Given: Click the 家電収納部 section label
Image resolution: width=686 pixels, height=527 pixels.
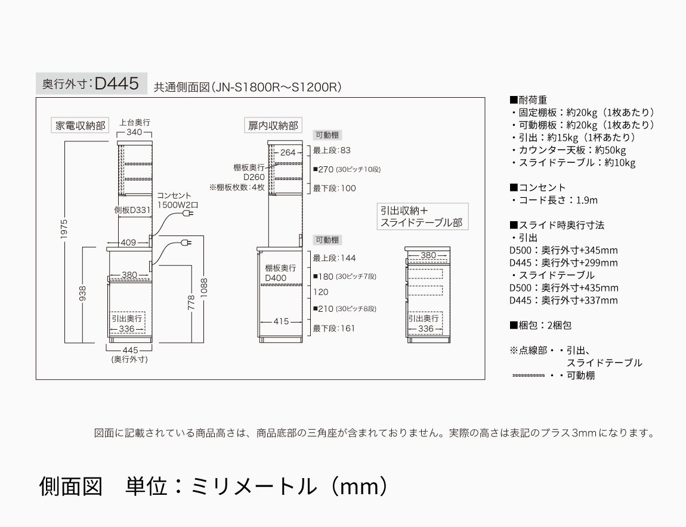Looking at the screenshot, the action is click(x=80, y=126).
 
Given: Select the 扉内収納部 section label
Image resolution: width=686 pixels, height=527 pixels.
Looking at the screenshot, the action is click(x=273, y=126).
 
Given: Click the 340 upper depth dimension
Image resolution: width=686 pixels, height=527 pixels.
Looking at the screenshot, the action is click(x=134, y=132).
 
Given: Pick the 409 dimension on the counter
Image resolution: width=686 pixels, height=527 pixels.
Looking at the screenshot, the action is click(x=128, y=243).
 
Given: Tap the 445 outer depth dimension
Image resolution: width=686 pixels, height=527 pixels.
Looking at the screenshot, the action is click(x=129, y=350).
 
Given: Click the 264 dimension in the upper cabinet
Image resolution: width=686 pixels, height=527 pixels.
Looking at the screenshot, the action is click(x=288, y=153).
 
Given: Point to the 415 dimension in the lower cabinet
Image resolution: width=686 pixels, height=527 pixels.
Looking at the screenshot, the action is click(x=282, y=322).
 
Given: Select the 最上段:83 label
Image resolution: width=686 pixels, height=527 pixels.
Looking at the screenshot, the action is click(x=332, y=150).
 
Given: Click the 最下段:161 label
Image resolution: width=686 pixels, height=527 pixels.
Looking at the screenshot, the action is click(x=334, y=328).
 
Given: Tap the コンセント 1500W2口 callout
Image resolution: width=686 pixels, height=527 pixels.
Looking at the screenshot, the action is click(x=177, y=200).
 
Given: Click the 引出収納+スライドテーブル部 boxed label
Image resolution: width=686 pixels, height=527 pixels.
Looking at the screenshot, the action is click(x=421, y=217).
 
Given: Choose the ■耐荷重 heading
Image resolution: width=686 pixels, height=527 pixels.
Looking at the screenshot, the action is click(x=529, y=100).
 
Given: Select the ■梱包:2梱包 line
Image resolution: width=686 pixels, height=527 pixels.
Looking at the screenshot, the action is click(x=540, y=325).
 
